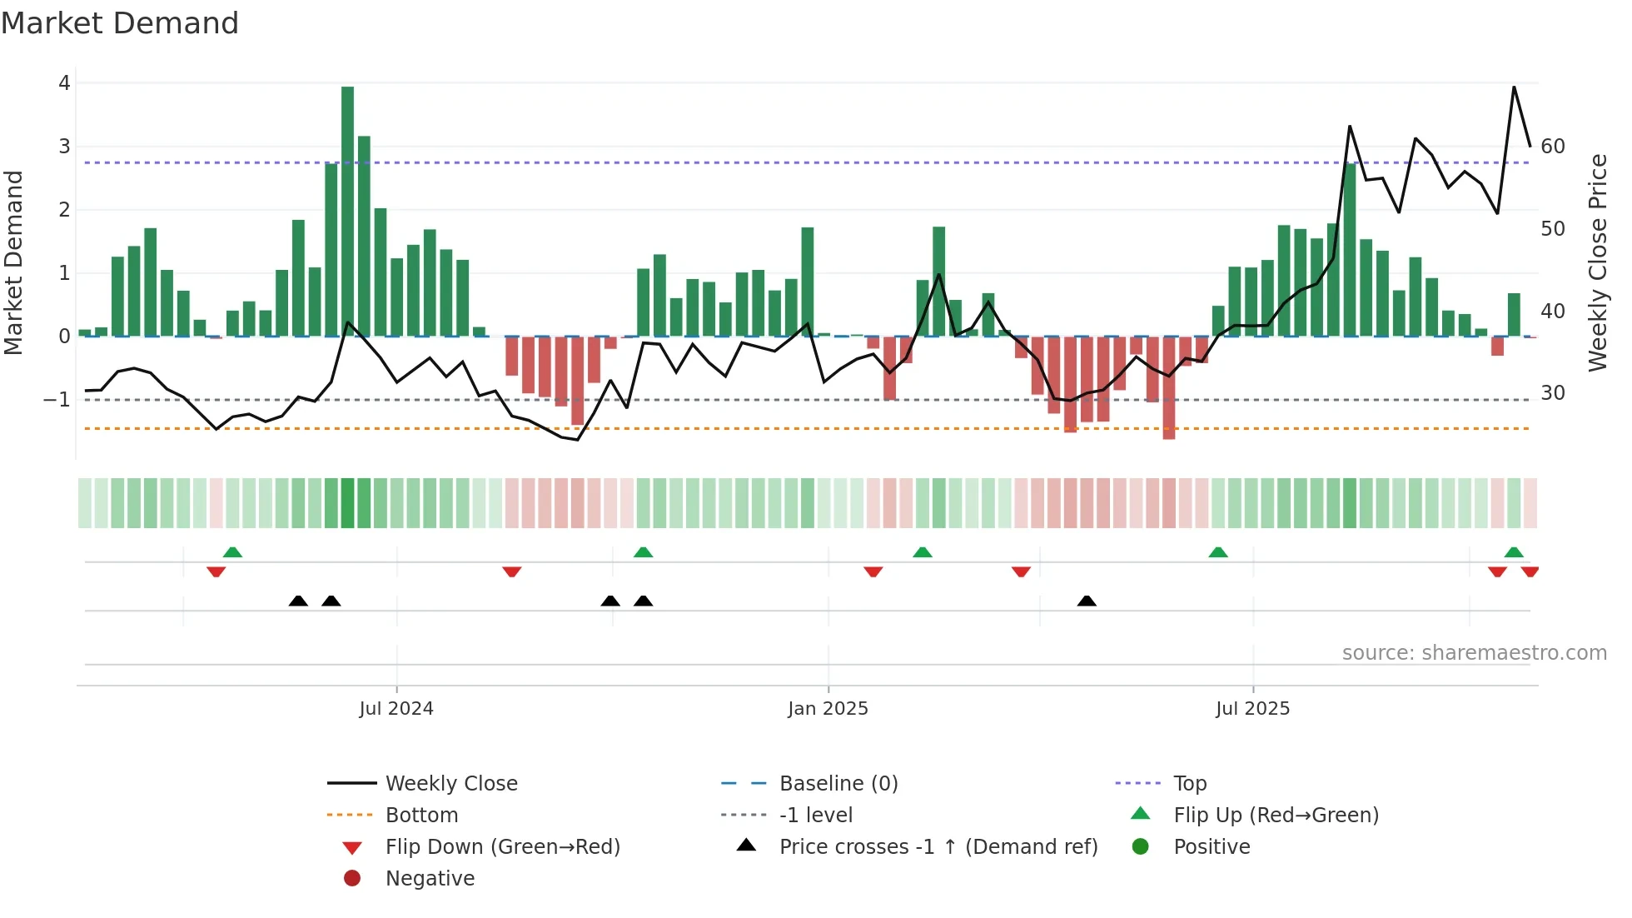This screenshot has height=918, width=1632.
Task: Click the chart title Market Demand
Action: click(x=120, y=23)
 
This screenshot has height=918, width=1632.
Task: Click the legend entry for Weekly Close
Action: click(x=450, y=783)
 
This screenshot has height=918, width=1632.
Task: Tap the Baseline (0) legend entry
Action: click(x=838, y=783)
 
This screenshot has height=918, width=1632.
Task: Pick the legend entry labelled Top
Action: click(x=1190, y=783)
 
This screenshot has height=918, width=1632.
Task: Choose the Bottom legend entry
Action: click(x=421, y=815)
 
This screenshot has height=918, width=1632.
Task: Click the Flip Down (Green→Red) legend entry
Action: click(x=502, y=846)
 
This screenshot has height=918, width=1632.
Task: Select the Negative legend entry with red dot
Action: click(x=430, y=878)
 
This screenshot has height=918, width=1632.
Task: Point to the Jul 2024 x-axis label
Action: click(x=396, y=708)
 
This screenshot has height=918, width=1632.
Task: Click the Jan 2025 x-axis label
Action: click(x=828, y=708)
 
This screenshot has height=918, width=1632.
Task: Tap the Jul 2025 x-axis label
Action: click(x=1252, y=708)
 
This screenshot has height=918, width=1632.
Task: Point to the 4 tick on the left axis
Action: click(x=64, y=83)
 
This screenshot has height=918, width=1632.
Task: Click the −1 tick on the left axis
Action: click(x=57, y=400)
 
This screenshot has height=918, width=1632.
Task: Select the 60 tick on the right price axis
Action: click(x=1553, y=147)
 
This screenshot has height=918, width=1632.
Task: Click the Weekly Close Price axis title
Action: click(x=1597, y=262)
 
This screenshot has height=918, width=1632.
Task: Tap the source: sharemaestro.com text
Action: click(x=1474, y=652)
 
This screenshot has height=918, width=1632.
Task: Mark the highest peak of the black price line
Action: click(x=1514, y=87)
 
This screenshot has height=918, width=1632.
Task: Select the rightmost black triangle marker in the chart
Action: click(x=1087, y=601)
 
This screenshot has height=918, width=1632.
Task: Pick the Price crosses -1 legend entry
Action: click(x=938, y=846)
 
